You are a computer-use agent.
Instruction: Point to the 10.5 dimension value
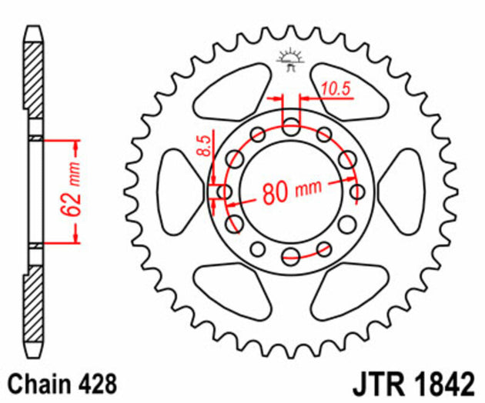[x=336, y=88]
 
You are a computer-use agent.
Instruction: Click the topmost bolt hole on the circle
[x=290, y=126]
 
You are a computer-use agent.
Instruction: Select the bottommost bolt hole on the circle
[x=290, y=256]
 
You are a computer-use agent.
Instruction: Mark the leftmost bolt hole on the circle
[x=226, y=192]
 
